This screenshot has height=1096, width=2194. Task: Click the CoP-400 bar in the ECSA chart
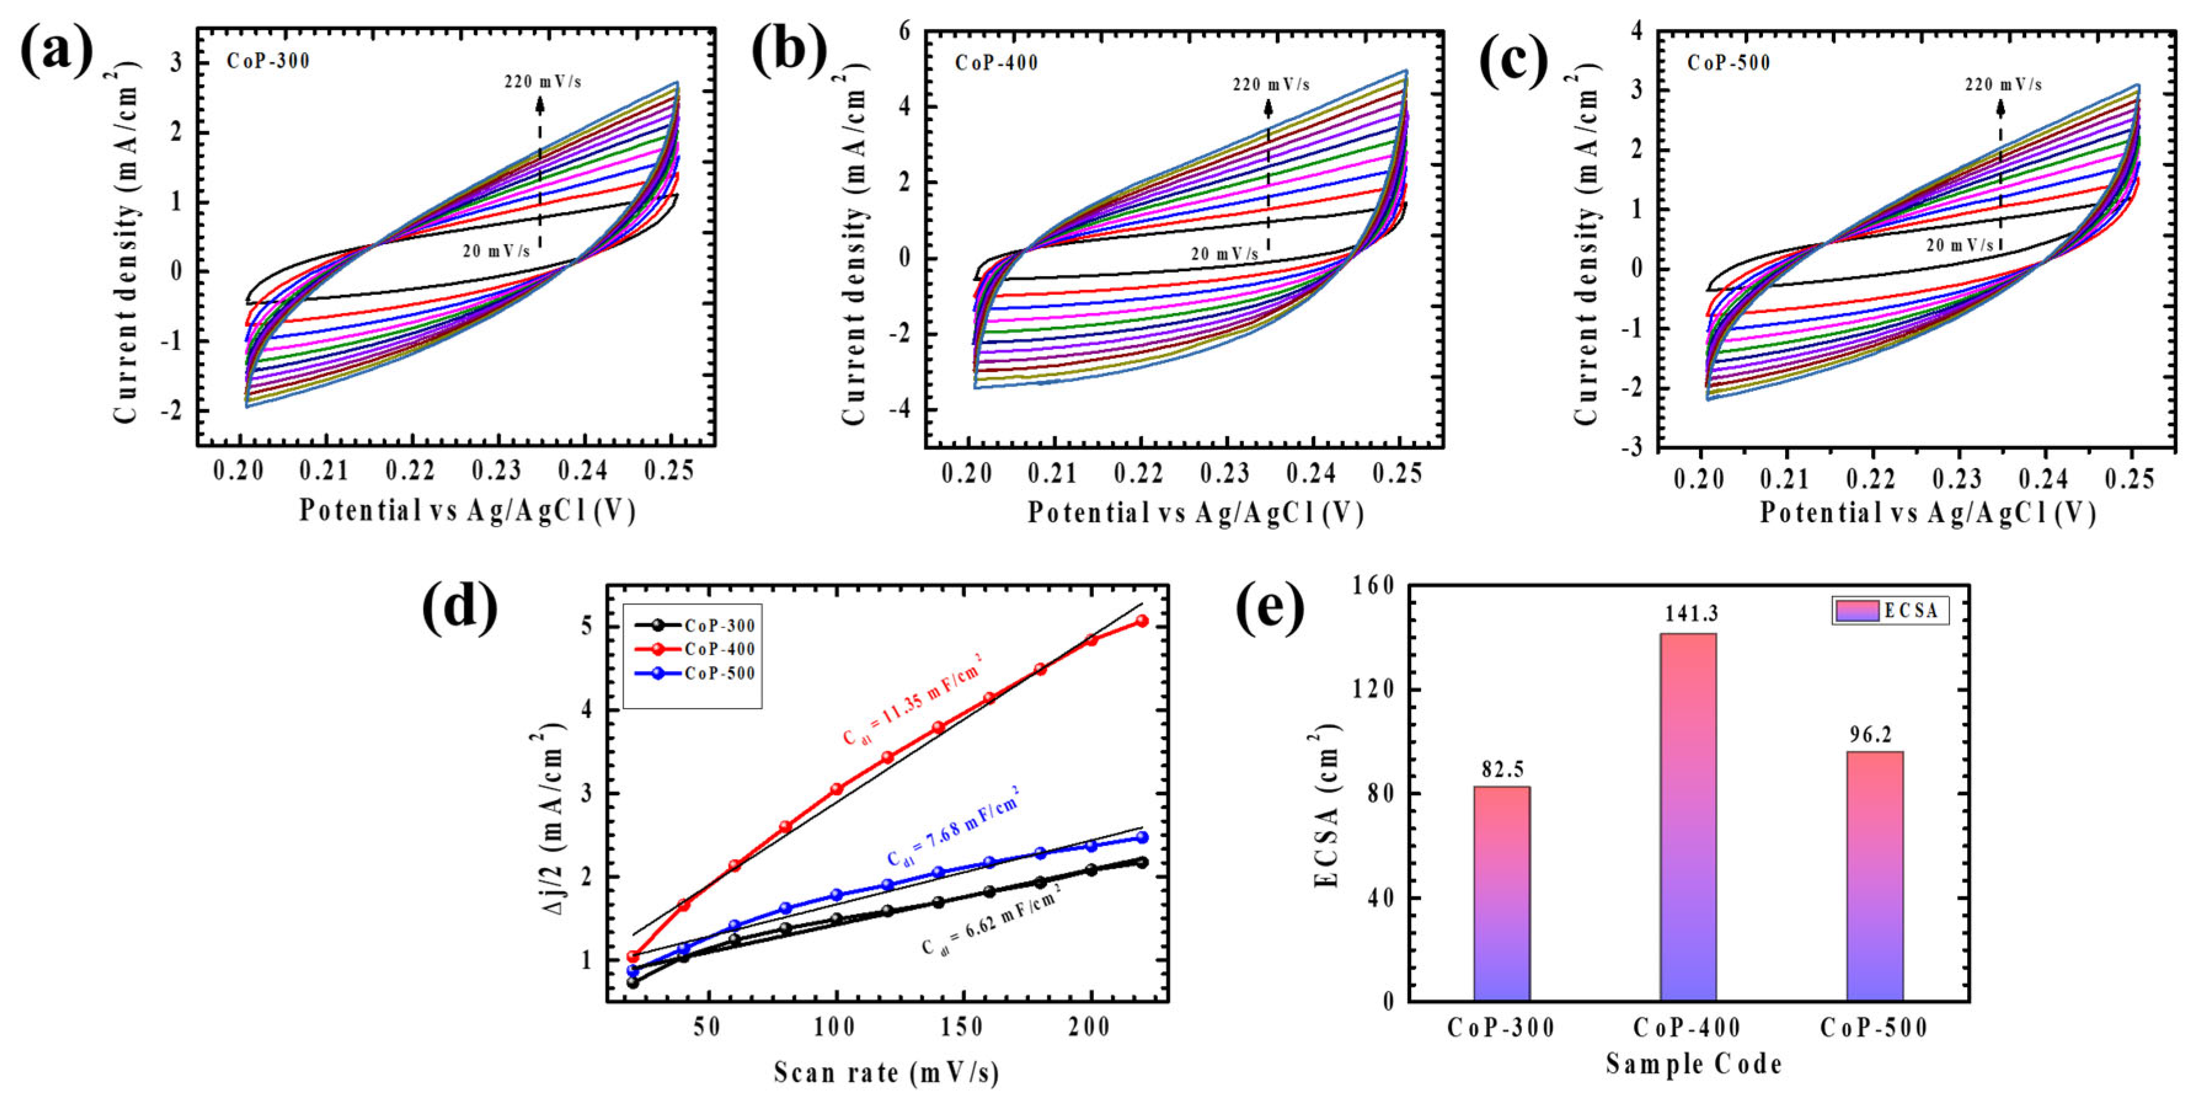1688,817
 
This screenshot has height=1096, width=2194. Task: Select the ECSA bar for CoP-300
1502,893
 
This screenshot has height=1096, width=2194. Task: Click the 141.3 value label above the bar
1688,614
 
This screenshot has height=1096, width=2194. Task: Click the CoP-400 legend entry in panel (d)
695,649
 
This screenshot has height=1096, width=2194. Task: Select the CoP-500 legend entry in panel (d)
695,673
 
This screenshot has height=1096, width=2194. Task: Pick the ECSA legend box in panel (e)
1890,611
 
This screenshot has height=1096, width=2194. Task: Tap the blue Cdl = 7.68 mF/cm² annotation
952,825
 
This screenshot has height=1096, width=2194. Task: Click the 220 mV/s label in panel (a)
542,82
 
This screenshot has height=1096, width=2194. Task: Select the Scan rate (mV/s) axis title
887,1071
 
